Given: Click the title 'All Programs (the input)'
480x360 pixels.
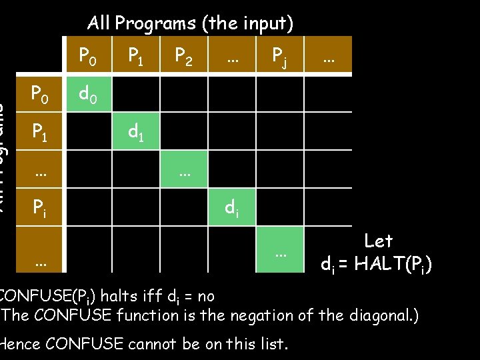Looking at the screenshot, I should coord(190,23).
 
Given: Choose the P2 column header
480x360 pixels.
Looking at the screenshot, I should coord(183,57).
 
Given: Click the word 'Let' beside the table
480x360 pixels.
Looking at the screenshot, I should coord(378,241).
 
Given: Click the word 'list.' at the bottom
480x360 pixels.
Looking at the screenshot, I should coord(273,344).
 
